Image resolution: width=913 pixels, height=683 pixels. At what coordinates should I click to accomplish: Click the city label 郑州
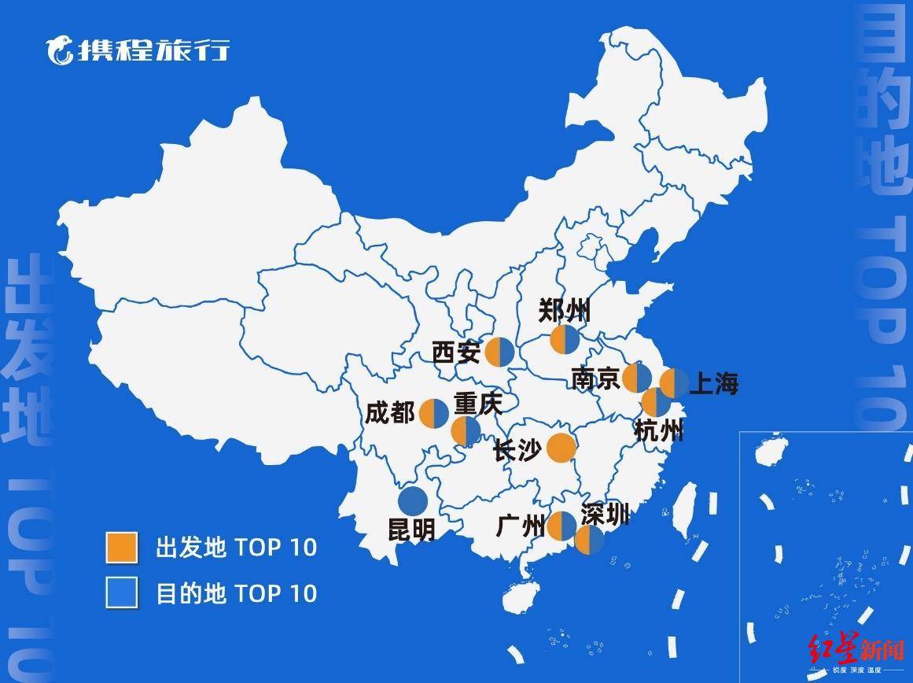564,311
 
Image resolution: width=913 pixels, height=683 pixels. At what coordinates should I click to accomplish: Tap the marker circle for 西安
499,352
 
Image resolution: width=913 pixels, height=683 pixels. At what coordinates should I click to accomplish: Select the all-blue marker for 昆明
413,500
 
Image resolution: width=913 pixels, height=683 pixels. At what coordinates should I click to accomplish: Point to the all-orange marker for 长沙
561,448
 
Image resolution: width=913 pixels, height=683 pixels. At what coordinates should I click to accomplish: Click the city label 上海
713,384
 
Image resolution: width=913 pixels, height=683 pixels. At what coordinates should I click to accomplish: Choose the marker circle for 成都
434,413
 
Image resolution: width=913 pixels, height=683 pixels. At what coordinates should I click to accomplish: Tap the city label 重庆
477,404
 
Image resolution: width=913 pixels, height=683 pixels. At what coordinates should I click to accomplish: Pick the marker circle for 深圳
589,539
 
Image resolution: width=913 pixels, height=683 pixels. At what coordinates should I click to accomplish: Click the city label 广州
521,525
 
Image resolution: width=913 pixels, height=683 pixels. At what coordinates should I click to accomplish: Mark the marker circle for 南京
637,378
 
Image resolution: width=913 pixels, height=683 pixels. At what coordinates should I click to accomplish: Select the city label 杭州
658,430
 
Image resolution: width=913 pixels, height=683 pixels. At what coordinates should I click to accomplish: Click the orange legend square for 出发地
122,548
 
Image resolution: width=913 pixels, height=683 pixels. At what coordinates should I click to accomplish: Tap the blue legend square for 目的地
122,593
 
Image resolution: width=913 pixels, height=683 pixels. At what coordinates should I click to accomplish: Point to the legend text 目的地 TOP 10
236,593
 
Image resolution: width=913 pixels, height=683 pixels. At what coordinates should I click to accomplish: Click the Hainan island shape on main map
520,599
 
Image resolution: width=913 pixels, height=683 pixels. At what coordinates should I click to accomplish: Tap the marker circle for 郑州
565,340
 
